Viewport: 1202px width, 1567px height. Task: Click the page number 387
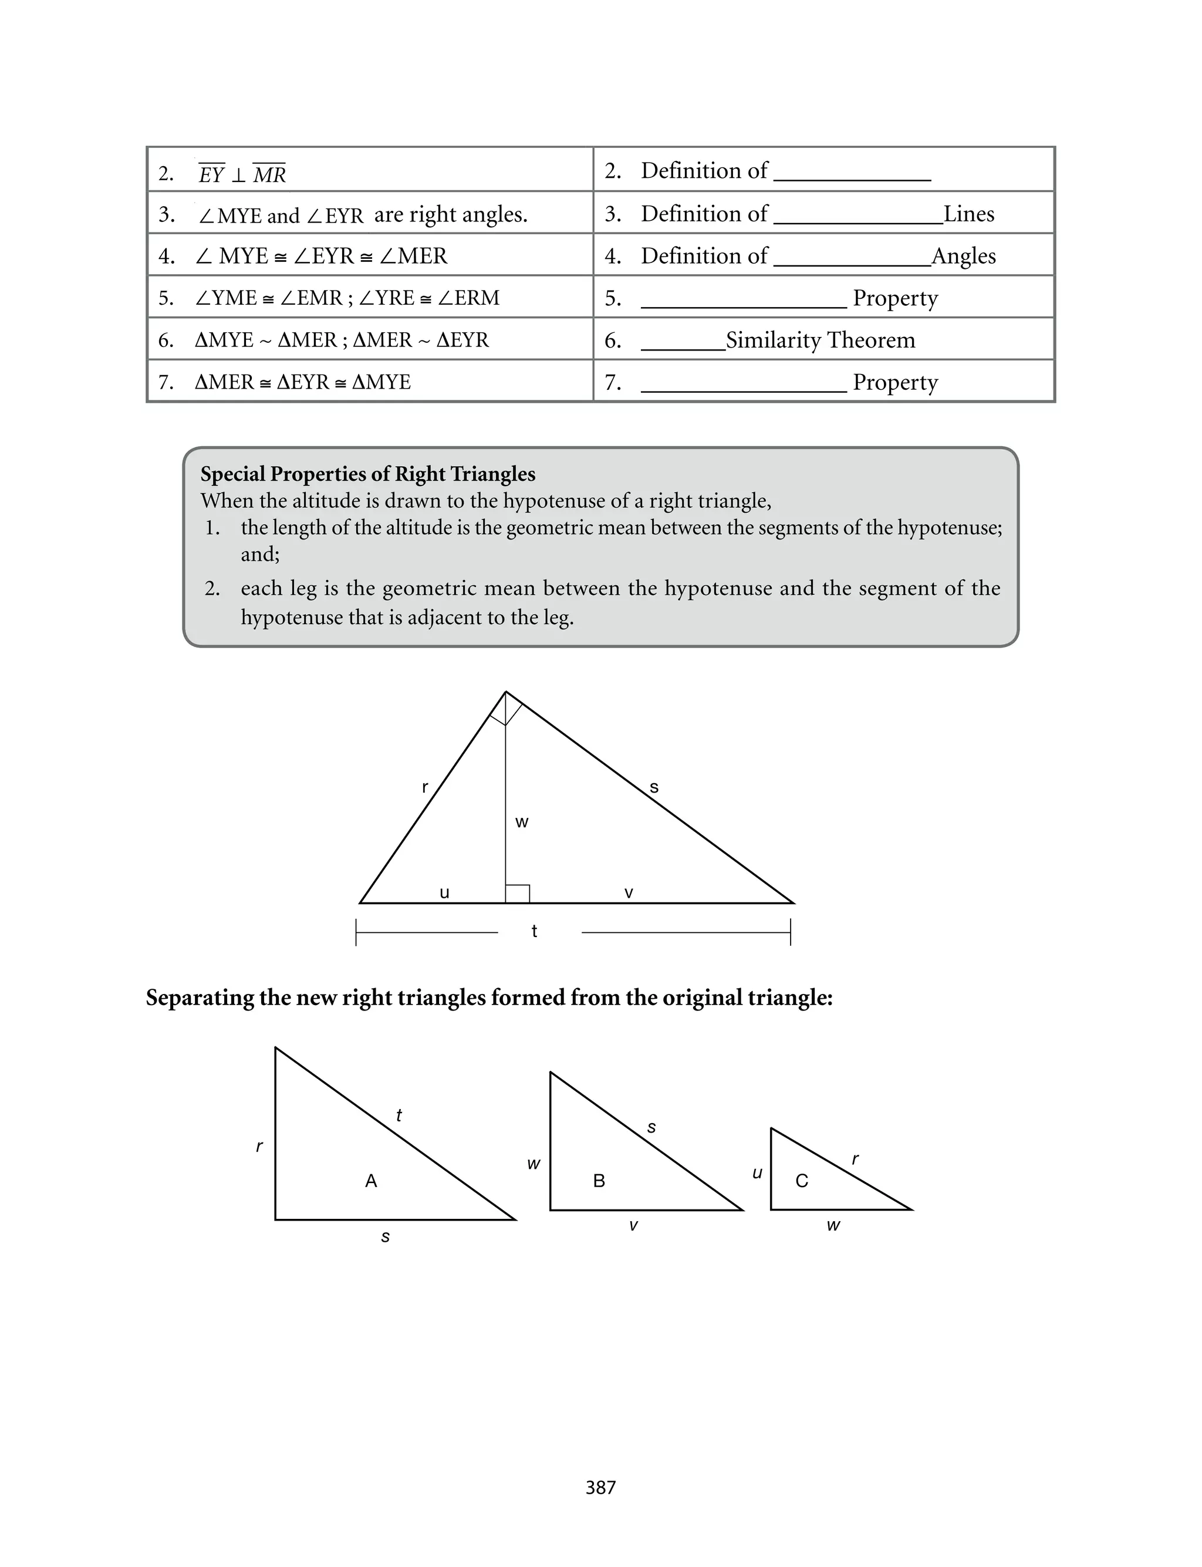click(600, 1488)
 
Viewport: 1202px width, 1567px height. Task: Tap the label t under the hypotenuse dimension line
click(534, 931)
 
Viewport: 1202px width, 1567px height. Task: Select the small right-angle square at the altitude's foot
click(517, 894)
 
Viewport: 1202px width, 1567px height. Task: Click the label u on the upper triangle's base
click(444, 892)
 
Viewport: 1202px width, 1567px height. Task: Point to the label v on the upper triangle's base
click(629, 892)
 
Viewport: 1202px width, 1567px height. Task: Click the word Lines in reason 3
click(969, 214)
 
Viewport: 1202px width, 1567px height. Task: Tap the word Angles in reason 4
click(963, 256)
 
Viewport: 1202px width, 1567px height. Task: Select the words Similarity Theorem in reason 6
click(820, 340)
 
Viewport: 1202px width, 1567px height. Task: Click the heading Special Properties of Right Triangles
click(368, 474)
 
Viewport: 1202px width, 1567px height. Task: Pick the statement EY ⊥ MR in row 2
click(242, 174)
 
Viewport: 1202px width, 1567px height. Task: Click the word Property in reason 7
click(895, 382)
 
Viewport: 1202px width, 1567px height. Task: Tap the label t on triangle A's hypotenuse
click(399, 1115)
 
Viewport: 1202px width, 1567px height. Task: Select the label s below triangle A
click(385, 1236)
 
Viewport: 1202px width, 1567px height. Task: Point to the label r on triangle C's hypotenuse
click(855, 1158)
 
